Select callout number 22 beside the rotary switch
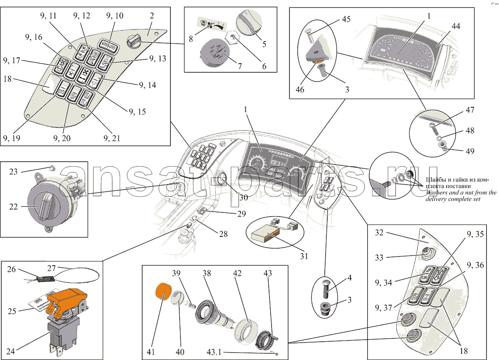point(14,206)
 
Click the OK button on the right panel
point(425,276)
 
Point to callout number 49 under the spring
point(470,151)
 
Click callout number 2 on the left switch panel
point(152,16)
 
